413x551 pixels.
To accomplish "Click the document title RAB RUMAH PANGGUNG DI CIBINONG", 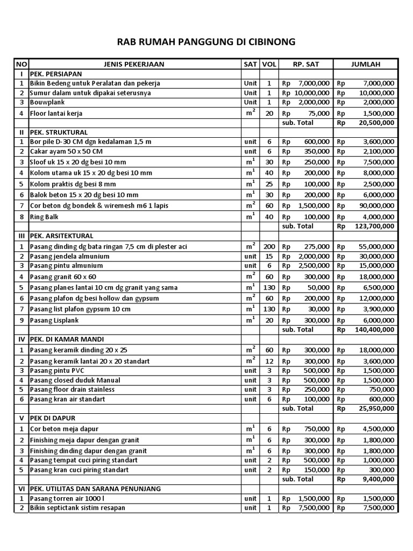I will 206,42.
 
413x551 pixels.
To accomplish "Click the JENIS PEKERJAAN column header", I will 134,64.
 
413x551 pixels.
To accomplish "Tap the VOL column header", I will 269,64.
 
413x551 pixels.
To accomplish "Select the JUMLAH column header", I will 366,64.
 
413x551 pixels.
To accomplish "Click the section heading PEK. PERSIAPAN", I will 56,74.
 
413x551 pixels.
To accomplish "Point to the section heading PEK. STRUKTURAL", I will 59,132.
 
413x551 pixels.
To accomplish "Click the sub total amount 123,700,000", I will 374,226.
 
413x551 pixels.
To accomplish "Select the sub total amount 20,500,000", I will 376,122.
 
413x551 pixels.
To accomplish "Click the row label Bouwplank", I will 49,102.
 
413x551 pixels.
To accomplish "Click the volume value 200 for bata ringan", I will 269,246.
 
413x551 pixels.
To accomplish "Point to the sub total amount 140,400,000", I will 374,329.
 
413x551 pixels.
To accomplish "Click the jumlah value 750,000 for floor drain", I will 382,389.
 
